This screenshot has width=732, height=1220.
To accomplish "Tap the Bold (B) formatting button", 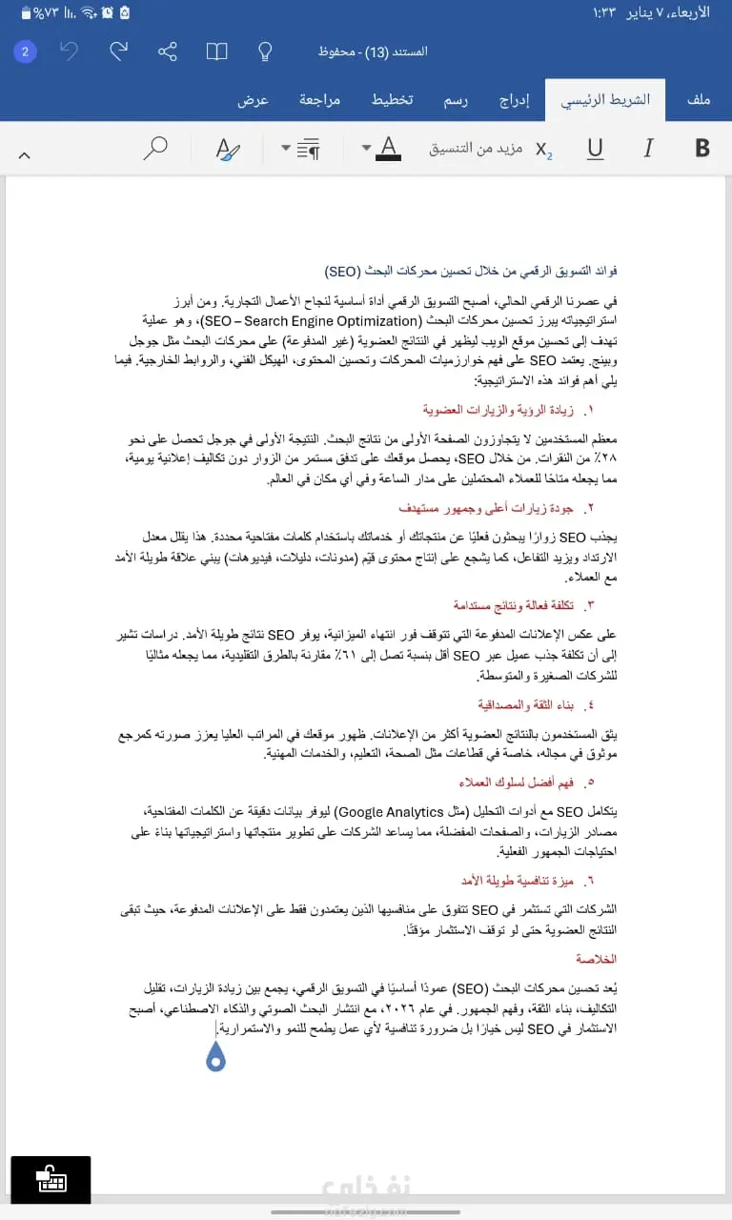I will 703,148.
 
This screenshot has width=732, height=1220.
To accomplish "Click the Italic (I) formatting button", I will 649,148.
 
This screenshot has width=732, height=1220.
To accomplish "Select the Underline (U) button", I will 596,148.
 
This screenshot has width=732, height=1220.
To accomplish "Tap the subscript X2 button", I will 543,149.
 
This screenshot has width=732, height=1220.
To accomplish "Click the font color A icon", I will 388,148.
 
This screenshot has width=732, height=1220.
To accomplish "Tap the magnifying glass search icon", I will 155,148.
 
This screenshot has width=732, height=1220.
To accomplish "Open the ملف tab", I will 699,100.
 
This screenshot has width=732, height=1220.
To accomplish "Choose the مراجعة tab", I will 320,100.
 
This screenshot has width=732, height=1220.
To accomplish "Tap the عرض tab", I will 253,100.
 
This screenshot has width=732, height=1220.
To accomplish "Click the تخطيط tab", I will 392,100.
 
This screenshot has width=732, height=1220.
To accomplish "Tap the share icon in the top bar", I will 168,51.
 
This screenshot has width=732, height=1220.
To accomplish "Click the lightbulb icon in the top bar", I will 266,51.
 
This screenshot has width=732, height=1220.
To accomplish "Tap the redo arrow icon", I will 119,51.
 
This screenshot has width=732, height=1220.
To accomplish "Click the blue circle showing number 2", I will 26,51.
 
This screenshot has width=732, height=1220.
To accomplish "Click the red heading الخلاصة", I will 596,958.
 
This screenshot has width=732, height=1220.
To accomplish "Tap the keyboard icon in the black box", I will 51,1179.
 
